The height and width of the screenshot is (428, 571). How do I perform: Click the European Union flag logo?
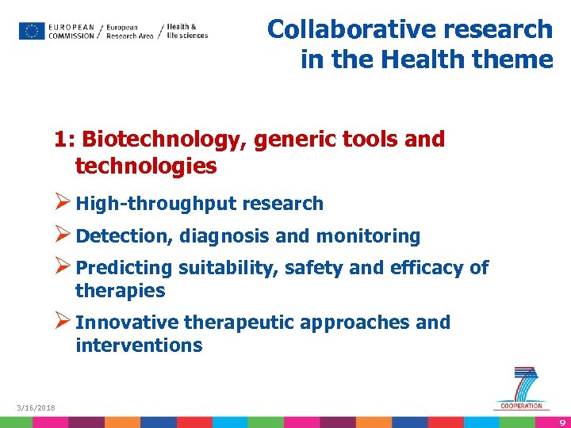(x=32, y=31)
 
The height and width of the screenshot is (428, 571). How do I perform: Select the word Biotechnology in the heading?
(x=165, y=139)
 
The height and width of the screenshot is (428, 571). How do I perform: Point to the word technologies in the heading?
(x=146, y=166)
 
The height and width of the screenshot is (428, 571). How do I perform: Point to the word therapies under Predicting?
(x=120, y=291)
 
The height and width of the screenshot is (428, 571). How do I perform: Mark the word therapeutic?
(x=239, y=323)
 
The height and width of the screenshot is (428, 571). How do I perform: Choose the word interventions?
(x=139, y=346)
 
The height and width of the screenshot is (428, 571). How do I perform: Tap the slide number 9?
(x=561, y=422)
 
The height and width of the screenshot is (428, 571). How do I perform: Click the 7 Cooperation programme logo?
(x=521, y=388)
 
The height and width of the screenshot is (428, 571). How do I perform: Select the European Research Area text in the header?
(x=129, y=31)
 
